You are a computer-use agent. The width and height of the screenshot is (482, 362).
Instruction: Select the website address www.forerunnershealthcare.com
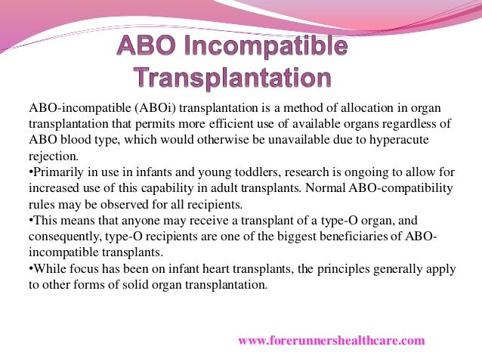332,341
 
